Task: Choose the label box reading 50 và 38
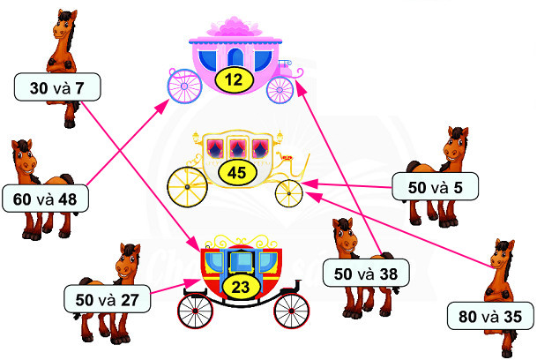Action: (367, 274)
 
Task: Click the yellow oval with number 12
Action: (235, 79)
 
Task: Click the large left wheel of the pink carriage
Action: (184, 86)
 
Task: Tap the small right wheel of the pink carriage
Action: (280, 88)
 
